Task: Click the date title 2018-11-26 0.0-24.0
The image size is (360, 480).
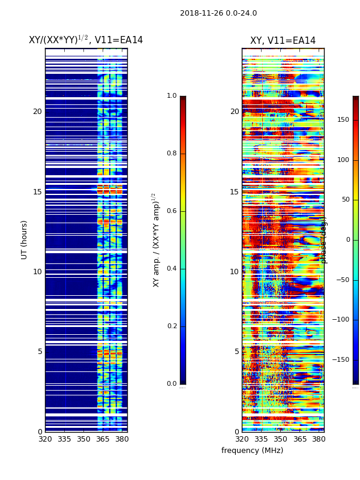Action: tap(218, 13)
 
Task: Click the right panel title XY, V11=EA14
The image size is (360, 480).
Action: tap(283, 41)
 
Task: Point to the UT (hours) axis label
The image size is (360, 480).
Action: tap(25, 239)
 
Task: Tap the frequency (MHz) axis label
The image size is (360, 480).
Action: tap(252, 451)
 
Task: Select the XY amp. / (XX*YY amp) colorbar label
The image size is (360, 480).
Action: tap(156, 240)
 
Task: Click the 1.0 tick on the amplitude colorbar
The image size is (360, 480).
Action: tap(172, 96)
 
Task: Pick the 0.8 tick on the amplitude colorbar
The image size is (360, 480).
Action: tap(172, 154)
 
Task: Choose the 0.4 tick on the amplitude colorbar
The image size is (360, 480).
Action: tap(172, 269)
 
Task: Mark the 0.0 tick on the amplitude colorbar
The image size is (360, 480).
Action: tap(172, 384)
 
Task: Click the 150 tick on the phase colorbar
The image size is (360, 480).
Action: tap(343, 120)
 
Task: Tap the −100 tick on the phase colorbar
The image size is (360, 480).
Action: tap(341, 320)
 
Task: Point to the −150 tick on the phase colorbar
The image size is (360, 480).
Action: tap(341, 360)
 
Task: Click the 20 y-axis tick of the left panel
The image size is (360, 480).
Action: tap(37, 112)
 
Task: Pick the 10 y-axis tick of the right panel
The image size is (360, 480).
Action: tap(234, 272)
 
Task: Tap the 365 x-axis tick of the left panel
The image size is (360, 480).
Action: tap(103, 439)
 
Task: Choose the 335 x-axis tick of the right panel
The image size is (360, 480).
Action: tap(261, 439)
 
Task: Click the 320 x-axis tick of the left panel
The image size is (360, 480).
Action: tap(45, 439)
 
